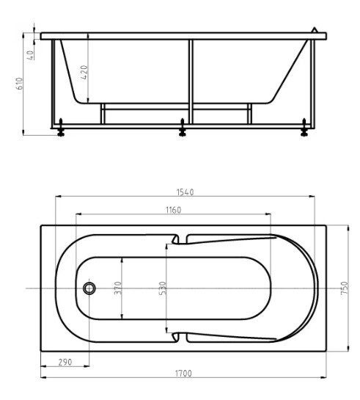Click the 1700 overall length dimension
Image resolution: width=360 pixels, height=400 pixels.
(x=183, y=374)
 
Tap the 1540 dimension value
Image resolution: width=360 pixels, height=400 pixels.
(x=185, y=192)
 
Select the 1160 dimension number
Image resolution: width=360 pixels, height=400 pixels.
(x=174, y=210)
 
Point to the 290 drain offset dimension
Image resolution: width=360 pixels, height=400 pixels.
(x=65, y=362)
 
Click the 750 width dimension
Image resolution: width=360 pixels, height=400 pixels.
(x=344, y=288)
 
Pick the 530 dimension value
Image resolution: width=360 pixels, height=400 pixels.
(x=162, y=288)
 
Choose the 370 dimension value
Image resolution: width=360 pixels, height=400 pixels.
(x=118, y=288)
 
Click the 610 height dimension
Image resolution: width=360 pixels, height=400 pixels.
(x=19, y=84)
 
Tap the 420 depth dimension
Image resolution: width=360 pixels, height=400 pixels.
(x=84, y=72)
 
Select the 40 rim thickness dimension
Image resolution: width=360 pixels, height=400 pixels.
(x=30, y=55)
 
